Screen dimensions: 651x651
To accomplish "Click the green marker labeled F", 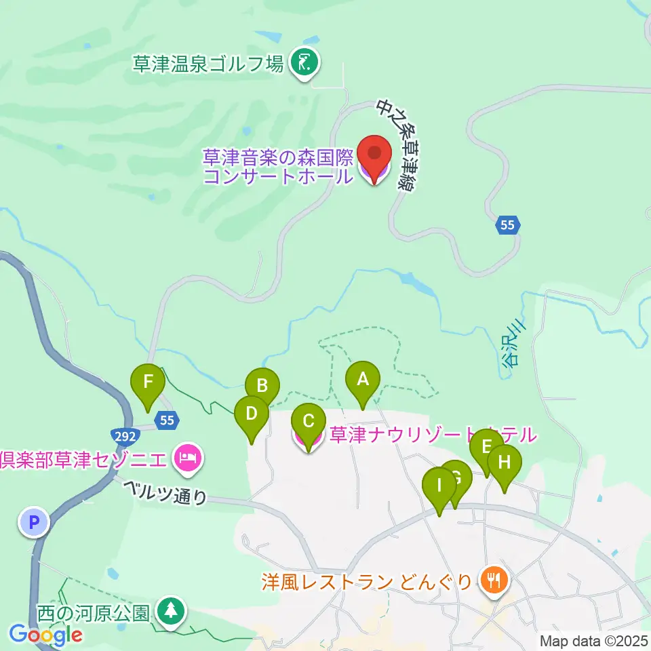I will (x=148, y=387).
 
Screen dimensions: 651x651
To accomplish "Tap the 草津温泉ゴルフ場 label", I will (x=208, y=64).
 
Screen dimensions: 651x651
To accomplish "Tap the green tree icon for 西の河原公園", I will (x=171, y=610).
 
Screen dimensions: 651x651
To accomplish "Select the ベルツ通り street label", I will (x=165, y=492).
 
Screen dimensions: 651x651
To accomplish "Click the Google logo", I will (x=45, y=635).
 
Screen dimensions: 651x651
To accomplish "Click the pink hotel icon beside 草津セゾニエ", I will (x=186, y=458).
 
